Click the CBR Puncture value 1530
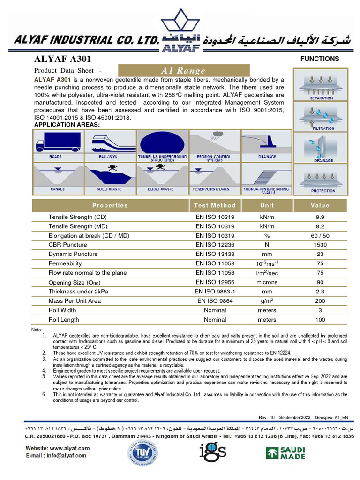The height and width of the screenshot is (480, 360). [320, 245]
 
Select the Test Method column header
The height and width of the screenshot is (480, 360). [215, 205]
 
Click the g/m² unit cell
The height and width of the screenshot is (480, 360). [267, 301]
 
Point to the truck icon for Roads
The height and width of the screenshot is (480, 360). [58, 141]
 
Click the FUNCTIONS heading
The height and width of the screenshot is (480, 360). [320, 59]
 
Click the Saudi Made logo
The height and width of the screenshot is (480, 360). [285, 453]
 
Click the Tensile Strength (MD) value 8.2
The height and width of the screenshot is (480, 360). [320, 226]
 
